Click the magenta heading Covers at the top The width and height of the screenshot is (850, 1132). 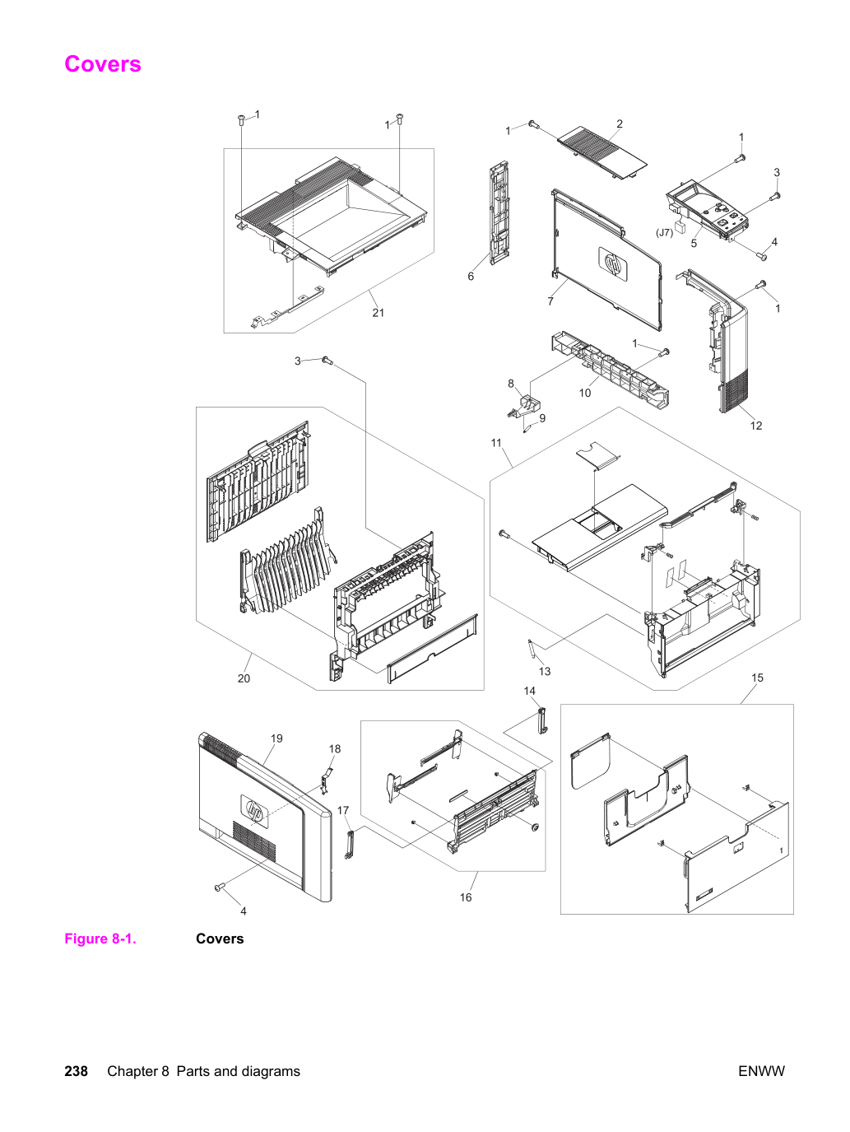(103, 64)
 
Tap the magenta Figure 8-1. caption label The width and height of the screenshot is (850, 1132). (100, 939)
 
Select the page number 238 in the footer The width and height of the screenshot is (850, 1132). (76, 1071)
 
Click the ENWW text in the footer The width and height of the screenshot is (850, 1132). (761, 1071)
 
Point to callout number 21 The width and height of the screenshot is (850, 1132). (379, 313)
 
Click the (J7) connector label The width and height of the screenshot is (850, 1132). (664, 233)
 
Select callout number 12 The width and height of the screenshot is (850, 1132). (756, 426)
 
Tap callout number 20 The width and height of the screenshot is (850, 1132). (244, 678)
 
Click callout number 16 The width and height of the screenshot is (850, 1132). (466, 897)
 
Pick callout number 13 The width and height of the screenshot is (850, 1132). (545, 672)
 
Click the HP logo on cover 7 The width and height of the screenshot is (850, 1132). (613, 263)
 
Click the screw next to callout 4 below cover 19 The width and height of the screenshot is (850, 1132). (220, 887)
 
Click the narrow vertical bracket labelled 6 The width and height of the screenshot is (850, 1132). (499, 213)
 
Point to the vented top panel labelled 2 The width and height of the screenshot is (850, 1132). (602, 154)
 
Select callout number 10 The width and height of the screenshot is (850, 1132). (585, 393)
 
